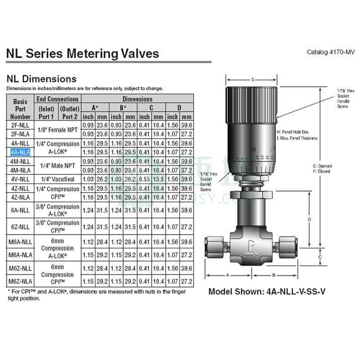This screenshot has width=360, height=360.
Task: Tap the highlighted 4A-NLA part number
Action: click(x=20, y=152)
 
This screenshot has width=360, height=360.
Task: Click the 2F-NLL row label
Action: click(x=20, y=125)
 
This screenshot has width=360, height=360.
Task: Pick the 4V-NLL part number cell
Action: click(x=20, y=179)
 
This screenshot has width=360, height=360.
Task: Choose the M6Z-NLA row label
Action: click(x=20, y=281)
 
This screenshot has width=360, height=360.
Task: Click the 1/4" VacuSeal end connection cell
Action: click(x=58, y=179)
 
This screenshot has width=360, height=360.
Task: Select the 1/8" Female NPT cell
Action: click(x=58, y=130)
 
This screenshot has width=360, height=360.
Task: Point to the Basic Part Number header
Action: click(x=20, y=108)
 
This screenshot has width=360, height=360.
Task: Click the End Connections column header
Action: click(x=58, y=99)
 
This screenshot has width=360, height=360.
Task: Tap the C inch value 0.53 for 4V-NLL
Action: click(x=144, y=179)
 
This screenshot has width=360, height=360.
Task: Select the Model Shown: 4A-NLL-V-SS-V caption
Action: click(x=266, y=291)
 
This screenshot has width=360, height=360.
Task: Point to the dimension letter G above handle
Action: click(x=253, y=80)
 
